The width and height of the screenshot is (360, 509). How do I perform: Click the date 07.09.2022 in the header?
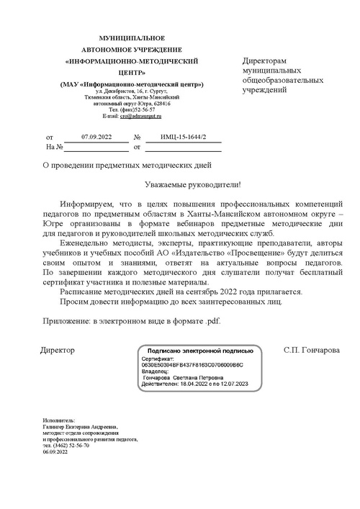click(96, 136)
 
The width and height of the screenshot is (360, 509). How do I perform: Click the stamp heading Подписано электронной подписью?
click(200, 351)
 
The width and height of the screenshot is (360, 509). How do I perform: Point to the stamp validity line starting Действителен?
click(194, 384)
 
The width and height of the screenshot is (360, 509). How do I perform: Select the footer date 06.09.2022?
click(55, 452)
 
